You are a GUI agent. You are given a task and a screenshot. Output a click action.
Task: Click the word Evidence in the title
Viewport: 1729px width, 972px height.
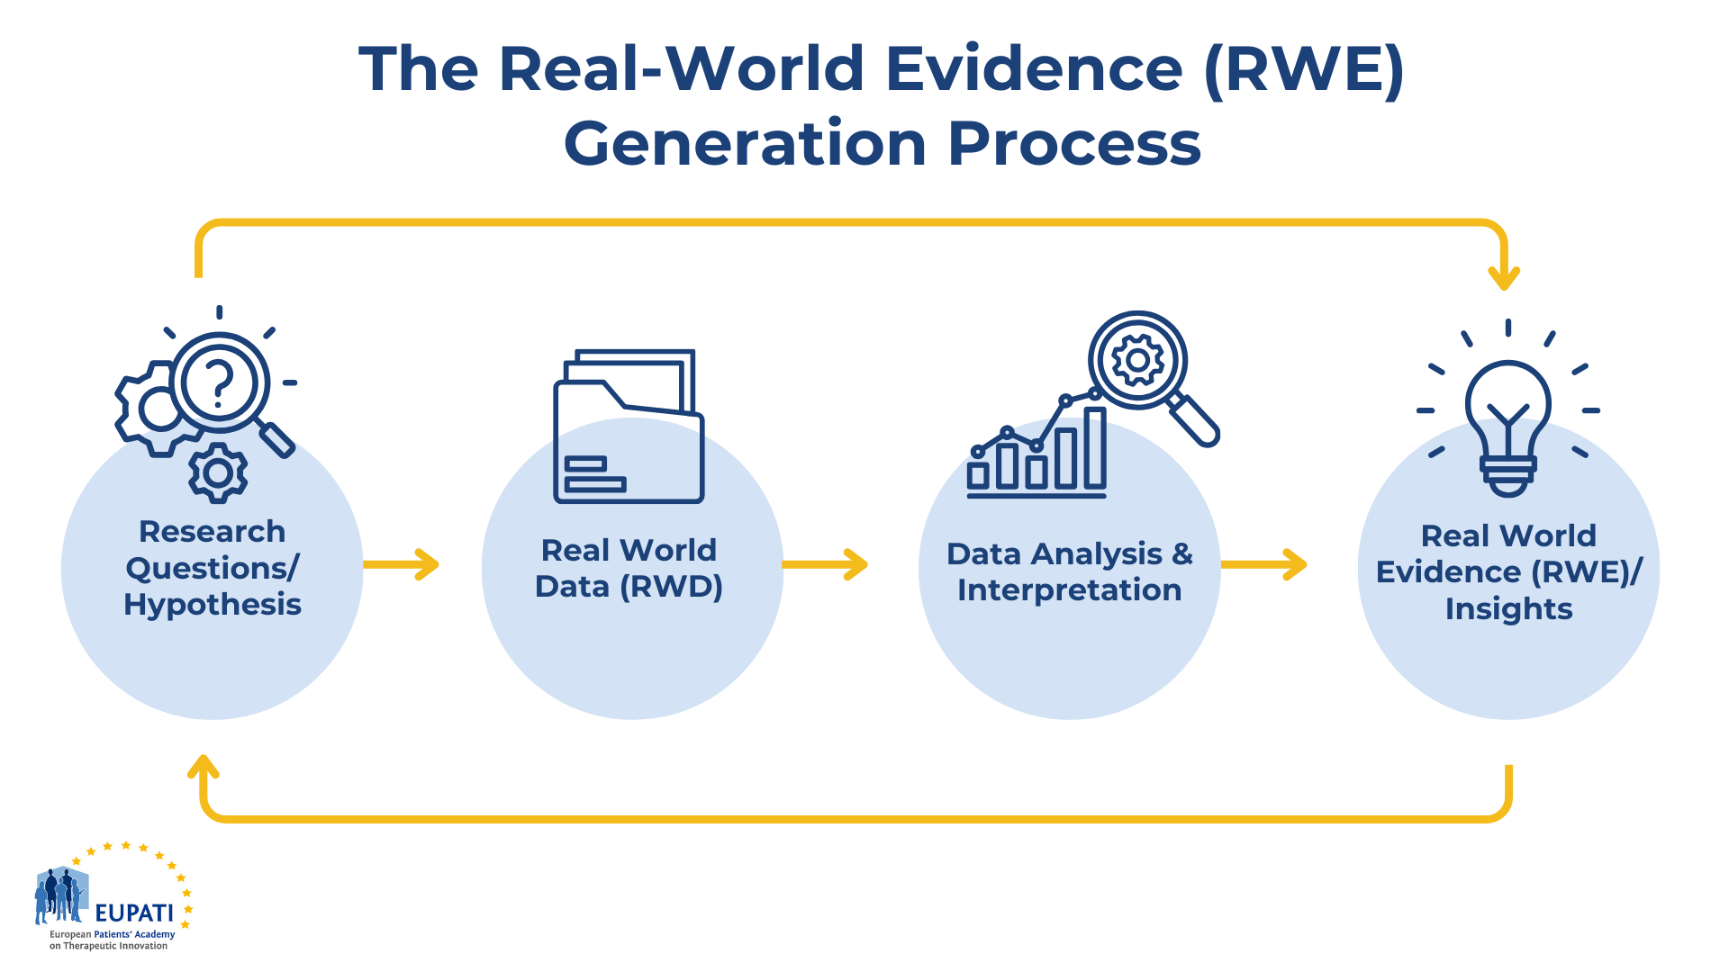click(x=1034, y=69)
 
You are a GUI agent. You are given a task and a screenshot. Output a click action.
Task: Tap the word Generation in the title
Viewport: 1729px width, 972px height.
click(x=746, y=144)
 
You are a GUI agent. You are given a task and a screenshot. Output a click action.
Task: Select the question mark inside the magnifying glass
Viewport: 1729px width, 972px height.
click(x=219, y=382)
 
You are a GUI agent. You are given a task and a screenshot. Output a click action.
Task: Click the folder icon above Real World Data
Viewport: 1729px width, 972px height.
click(x=629, y=426)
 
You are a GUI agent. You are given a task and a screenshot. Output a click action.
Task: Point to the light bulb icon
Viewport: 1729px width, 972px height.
click(x=1508, y=427)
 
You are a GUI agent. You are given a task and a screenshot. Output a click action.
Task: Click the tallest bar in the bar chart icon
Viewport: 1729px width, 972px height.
click(x=1095, y=448)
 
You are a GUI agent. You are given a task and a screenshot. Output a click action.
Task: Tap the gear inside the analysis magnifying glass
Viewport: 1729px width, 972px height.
click(x=1137, y=360)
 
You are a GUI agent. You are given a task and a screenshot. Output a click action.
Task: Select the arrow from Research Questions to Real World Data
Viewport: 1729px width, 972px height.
click(x=401, y=564)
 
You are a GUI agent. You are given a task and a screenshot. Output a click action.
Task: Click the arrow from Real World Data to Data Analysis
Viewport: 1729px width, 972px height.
click(x=825, y=564)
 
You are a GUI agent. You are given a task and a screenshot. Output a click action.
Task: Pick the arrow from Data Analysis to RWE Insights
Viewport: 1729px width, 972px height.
click(x=1263, y=564)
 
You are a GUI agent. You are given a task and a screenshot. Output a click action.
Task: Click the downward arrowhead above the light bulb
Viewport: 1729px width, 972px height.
click(x=1504, y=277)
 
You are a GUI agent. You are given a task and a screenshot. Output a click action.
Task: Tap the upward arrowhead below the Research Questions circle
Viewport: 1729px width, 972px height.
click(x=204, y=766)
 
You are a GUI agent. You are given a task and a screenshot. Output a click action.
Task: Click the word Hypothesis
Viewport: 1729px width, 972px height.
click(x=213, y=606)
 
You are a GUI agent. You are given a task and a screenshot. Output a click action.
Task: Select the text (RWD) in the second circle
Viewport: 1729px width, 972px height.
click(x=671, y=587)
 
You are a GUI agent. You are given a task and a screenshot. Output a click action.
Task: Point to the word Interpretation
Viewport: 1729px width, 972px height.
click(x=1069, y=590)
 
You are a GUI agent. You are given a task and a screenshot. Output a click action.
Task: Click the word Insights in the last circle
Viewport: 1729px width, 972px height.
click(x=1508, y=609)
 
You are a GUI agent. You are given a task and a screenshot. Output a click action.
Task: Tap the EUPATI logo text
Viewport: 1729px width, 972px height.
click(x=134, y=913)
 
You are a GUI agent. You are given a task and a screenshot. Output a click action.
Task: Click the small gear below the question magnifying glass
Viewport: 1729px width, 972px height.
click(x=218, y=472)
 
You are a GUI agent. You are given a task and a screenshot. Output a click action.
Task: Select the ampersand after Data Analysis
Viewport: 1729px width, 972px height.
click(x=1182, y=553)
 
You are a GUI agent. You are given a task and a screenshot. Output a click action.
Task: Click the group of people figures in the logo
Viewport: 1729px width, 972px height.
click(x=59, y=895)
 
